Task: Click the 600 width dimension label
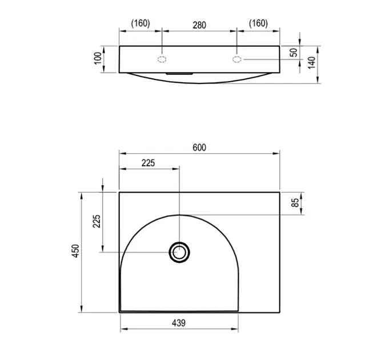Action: [x=199, y=147]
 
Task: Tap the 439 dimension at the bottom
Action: [x=179, y=323]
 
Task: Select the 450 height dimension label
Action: [x=75, y=251]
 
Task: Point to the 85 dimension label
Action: [x=295, y=203]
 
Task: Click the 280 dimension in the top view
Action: [x=199, y=25]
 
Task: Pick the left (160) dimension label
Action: [x=141, y=23]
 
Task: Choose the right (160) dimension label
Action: [x=258, y=23]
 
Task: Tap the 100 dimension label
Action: [x=98, y=58]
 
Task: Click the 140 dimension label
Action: [x=312, y=63]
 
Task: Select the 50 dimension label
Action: [x=294, y=53]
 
